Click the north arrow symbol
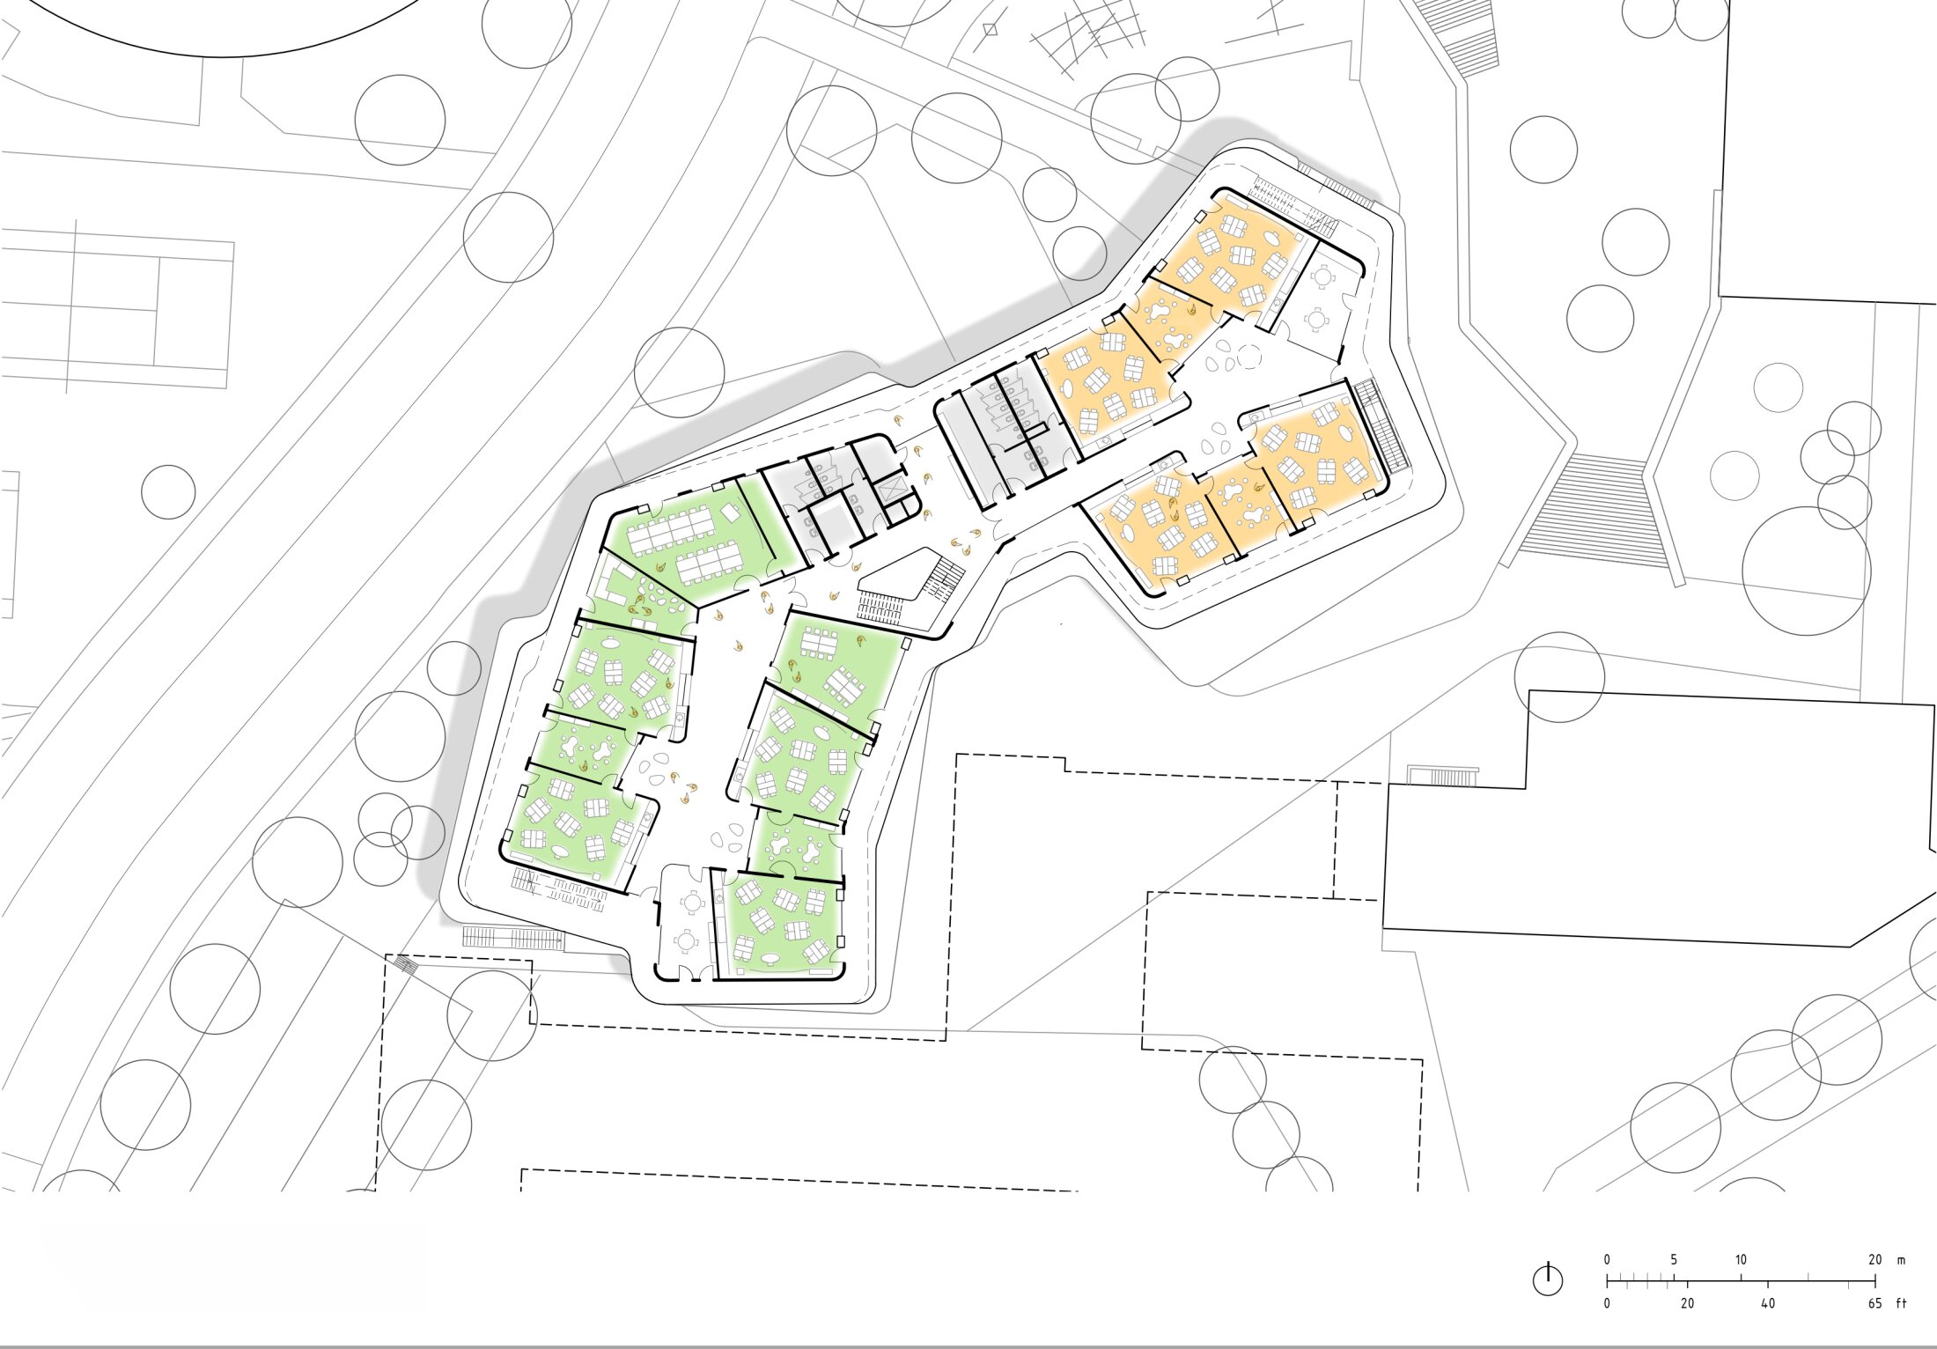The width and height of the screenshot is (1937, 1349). pyautogui.click(x=1548, y=1279)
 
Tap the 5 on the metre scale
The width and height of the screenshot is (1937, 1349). pyautogui.click(x=1674, y=1259)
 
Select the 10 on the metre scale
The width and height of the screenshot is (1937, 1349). pyautogui.click(x=1741, y=1259)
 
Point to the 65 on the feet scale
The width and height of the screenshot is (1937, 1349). pyautogui.click(x=1875, y=1303)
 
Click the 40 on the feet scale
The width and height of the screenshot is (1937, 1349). pyautogui.click(x=1767, y=1303)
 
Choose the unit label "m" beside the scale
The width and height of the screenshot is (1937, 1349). pyautogui.click(x=1901, y=1260)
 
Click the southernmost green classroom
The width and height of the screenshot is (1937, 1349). pyautogui.click(x=778, y=925)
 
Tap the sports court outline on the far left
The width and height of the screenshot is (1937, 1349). pyautogui.click(x=118, y=309)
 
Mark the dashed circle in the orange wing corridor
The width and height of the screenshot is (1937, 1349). pyautogui.click(x=1249, y=357)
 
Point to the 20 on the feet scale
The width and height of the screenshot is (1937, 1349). pyautogui.click(x=1687, y=1303)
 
